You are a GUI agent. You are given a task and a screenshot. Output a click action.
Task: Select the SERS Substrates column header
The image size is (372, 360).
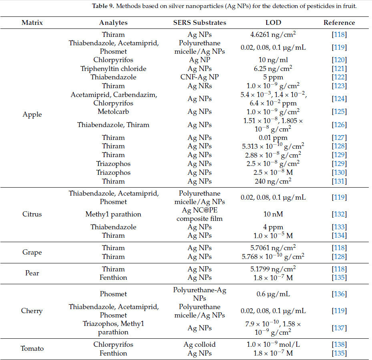[199, 22]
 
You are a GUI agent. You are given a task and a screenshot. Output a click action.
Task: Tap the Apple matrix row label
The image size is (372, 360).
[32, 114]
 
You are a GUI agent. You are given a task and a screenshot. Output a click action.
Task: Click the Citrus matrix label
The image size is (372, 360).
[32, 214]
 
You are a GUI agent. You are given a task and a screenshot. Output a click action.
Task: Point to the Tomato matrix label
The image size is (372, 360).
[32, 349]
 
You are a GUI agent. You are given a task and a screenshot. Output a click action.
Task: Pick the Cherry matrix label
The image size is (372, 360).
[32, 311]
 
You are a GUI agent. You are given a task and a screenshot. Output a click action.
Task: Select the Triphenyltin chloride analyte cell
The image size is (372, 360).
[113, 69]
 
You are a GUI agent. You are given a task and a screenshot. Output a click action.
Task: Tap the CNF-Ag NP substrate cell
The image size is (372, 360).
[199, 77]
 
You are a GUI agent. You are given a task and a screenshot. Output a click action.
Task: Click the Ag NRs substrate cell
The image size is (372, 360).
[199, 86]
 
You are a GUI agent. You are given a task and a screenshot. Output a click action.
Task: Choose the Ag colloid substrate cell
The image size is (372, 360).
[199, 344]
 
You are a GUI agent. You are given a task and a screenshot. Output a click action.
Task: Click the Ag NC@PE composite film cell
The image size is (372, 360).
[199, 214]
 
